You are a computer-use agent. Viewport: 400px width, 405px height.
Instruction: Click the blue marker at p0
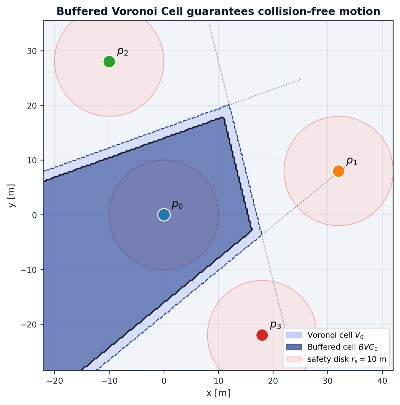tap(164, 215)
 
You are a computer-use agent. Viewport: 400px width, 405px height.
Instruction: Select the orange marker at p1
tap(339, 171)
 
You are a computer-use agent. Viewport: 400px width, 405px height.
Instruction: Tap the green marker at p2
tap(109, 61)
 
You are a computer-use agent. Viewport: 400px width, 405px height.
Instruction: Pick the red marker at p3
tap(262, 335)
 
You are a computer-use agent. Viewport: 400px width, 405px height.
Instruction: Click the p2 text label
tap(123, 51)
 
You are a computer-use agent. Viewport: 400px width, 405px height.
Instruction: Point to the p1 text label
tap(352, 161)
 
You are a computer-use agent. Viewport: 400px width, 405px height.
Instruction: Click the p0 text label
tap(177, 205)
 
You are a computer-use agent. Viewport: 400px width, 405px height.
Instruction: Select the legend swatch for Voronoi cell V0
tap(294, 335)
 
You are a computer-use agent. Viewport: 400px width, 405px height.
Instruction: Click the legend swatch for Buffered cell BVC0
tap(294, 347)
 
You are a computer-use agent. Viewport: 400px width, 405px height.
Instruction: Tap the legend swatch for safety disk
tap(294, 359)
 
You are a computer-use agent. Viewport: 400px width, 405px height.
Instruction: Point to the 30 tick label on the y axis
tap(32, 51)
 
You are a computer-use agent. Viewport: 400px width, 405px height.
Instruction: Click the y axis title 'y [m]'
tap(12, 196)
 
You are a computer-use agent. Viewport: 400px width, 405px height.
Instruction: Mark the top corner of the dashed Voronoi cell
tap(229, 105)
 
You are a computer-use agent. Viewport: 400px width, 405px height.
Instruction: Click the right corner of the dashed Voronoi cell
tap(262, 234)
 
